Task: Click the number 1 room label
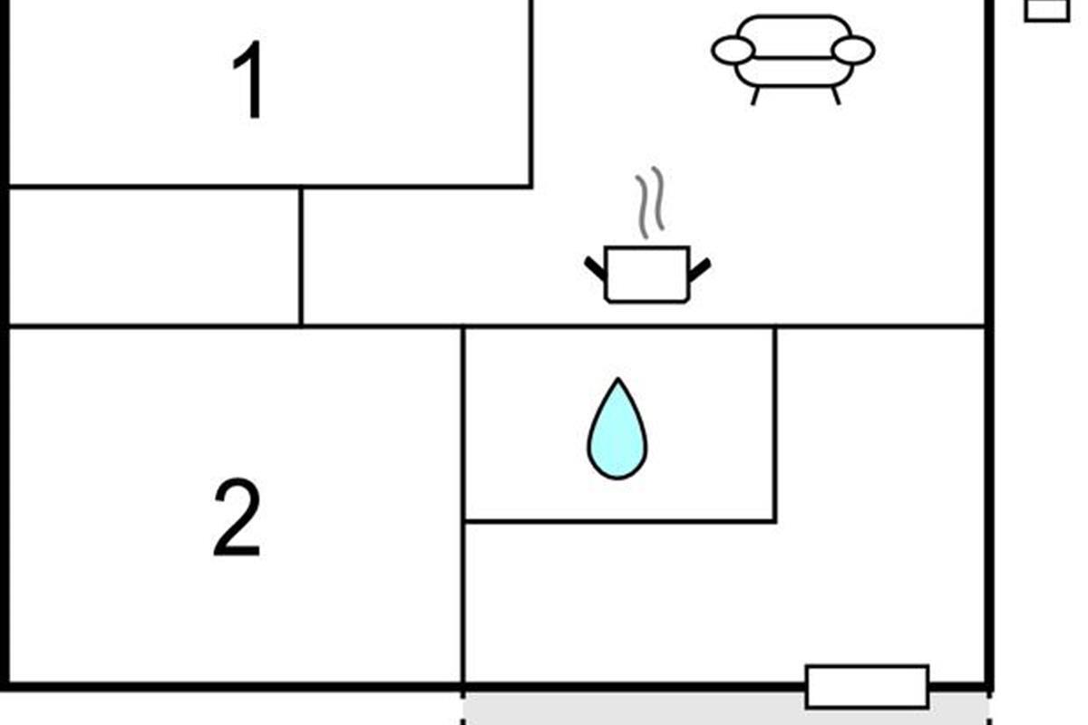click(248, 82)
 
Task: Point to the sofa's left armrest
click(733, 51)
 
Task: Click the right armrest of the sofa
click(853, 51)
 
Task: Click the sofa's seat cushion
click(793, 71)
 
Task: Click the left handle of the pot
click(596, 268)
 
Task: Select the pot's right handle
click(699, 268)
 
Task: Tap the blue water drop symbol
click(617, 430)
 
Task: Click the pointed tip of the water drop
click(617, 382)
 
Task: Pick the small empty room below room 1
click(154, 256)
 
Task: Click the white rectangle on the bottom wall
click(867, 686)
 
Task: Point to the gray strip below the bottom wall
click(635, 708)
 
